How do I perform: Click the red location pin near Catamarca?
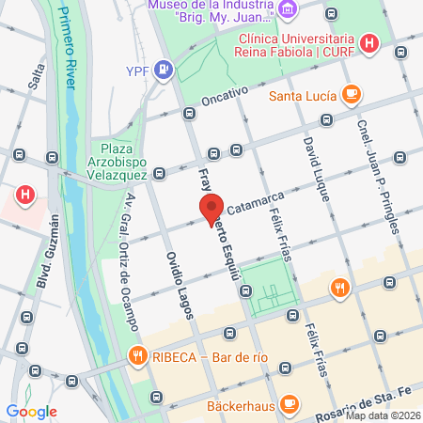(211, 207)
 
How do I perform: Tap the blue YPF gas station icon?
(164, 68)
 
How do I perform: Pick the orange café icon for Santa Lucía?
(352, 94)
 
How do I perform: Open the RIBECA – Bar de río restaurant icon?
(137, 355)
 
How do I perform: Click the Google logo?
(32, 411)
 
